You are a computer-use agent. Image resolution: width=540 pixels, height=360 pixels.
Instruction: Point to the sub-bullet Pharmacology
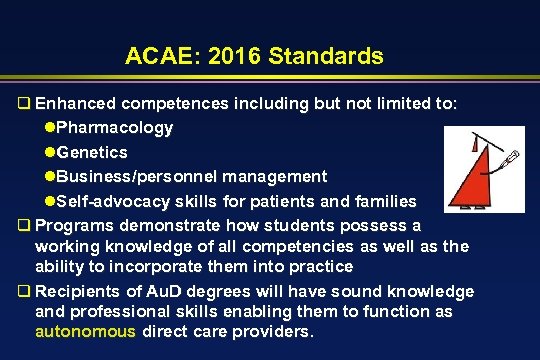coord(114,128)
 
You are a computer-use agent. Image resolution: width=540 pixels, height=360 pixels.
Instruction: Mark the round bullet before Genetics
coord(50,152)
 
